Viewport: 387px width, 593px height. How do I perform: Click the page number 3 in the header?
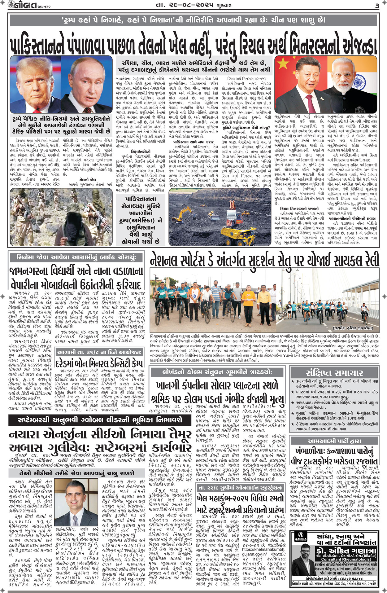pyautogui.click(x=377, y=6)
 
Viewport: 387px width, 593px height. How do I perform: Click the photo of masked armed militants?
pyautogui.click(x=61, y=217)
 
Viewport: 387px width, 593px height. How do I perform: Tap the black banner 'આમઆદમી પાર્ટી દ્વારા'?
pyautogui.click(x=334, y=441)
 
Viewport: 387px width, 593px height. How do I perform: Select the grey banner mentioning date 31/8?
pyautogui.click(x=99, y=352)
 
